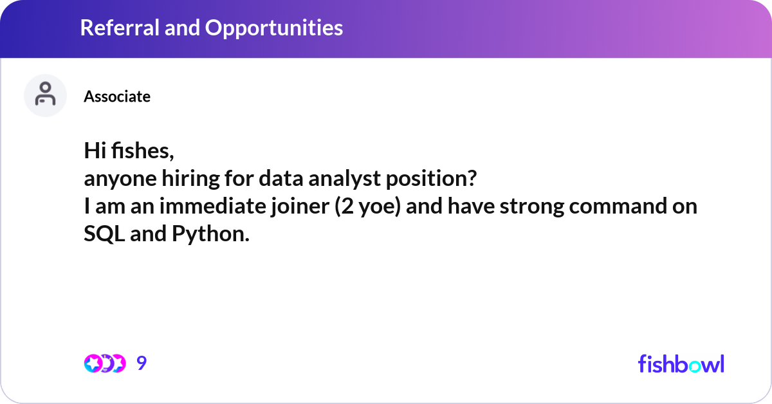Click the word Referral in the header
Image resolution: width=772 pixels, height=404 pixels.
tap(120, 28)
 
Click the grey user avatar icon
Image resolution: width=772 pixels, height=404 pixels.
tap(45, 95)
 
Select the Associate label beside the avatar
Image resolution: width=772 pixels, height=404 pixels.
tap(117, 96)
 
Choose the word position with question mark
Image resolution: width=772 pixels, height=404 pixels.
tap(431, 179)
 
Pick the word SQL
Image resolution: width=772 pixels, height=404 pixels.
tap(104, 234)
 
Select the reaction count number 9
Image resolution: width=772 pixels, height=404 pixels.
tap(142, 363)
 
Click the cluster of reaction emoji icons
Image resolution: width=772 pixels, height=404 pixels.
tap(105, 363)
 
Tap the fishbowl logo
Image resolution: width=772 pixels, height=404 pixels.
tap(681, 363)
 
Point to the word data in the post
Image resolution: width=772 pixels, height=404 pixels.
tap(281, 178)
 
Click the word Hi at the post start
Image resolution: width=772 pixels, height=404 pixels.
tap(95, 151)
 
